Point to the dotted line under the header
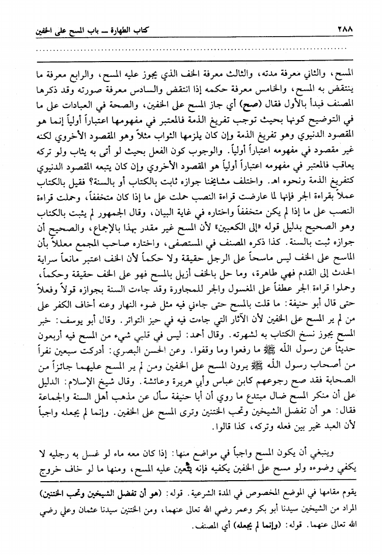(x=191, y=49)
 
